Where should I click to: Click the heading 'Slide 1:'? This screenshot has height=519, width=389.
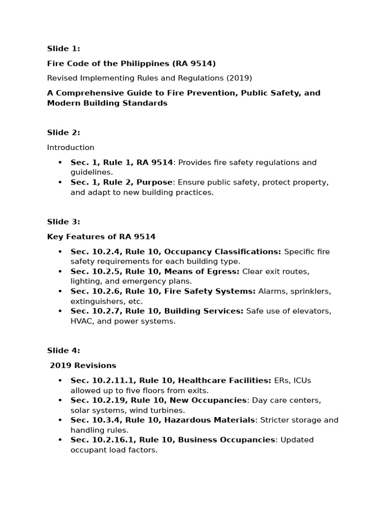[63, 49]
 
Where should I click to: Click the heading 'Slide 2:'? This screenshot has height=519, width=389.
[63, 133]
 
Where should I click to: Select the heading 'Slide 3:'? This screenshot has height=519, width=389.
[63, 221]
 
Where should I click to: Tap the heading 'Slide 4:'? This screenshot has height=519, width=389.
[63, 350]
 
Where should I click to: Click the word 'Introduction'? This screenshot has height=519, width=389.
[70, 147]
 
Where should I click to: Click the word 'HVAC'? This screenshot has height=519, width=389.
[82, 321]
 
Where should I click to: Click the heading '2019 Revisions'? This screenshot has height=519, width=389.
[83, 365]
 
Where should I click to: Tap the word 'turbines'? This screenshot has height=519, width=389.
[168, 410]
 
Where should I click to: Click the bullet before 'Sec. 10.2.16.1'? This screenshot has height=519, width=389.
[60, 439]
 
